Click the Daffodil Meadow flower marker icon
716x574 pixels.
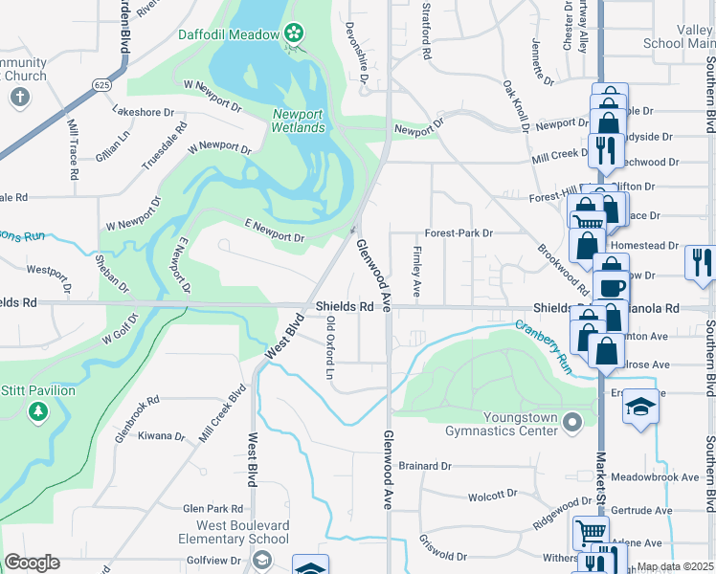[293, 34]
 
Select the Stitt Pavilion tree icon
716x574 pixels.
[37, 412]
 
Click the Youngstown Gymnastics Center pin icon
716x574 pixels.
[572, 422]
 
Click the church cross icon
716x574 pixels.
[19, 97]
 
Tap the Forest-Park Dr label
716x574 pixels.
[459, 232]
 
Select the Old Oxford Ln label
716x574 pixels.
[330, 348]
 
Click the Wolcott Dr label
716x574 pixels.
[492, 497]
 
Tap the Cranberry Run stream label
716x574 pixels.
[543, 345]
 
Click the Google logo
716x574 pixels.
[32, 563]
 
